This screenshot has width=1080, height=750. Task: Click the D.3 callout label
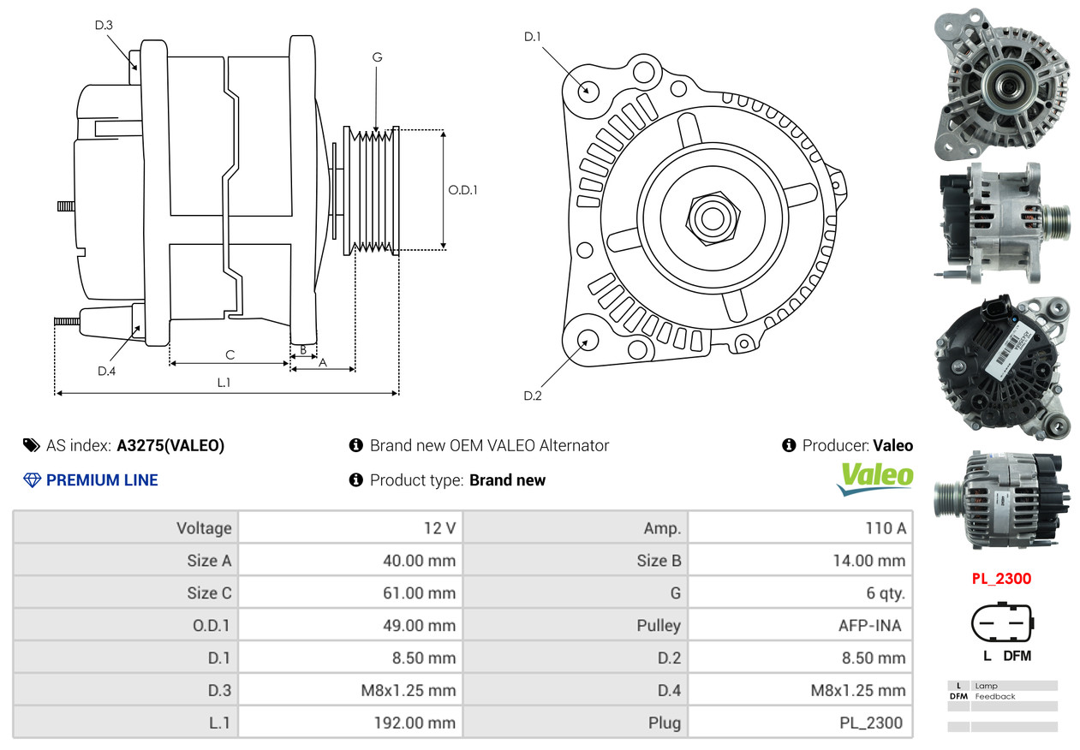[x=104, y=25]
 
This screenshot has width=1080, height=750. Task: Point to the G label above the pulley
[x=377, y=57]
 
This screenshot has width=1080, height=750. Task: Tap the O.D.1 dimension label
[x=462, y=190]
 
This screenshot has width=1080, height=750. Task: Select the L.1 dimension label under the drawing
[x=224, y=383]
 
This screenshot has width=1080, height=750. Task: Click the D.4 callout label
[x=106, y=371]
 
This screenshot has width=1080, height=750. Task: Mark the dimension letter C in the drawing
[x=230, y=354]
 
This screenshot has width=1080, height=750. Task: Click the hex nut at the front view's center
[x=711, y=217]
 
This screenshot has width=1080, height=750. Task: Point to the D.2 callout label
[x=533, y=396]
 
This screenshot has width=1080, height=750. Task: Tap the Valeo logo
[x=874, y=478]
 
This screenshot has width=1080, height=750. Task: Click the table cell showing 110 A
[x=800, y=528]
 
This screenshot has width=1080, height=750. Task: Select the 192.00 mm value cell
[x=350, y=723]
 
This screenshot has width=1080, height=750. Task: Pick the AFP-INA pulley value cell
[x=800, y=625]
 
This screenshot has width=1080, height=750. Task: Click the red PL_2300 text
[x=1001, y=579]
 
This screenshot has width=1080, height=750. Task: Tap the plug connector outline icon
[x=1001, y=624]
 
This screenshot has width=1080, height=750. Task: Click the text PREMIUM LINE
[x=102, y=480]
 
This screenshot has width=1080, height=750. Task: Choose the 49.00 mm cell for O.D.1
[x=350, y=625]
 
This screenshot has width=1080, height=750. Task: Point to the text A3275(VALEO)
[x=170, y=445]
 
